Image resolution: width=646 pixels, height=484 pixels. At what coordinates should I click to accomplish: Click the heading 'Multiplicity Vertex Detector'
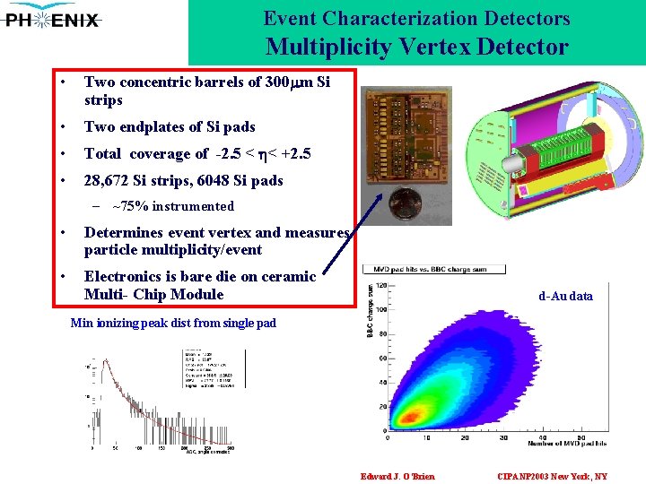pyautogui.click(x=416, y=47)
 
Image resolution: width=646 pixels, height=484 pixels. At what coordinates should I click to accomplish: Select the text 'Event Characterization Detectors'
pyautogui.click(x=416, y=18)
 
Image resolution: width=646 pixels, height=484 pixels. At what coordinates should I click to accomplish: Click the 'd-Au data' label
pyautogui.click(x=565, y=296)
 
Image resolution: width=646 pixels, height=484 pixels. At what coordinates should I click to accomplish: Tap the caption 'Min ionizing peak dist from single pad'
pyautogui.click(x=173, y=323)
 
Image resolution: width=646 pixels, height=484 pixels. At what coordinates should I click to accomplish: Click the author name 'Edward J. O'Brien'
pyautogui.click(x=397, y=476)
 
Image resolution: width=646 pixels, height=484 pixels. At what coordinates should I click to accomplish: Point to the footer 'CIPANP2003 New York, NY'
pyautogui.click(x=552, y=476)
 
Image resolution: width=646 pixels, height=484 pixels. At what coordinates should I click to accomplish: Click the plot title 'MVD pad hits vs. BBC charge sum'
pyautogui.click(x=433, y=269)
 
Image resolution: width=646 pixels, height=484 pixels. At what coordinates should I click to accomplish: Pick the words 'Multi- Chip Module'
pyautogui.click(x=153, y=294)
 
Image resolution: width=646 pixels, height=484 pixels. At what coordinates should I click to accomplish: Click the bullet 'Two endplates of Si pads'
pyautogui.click(x=170, y=127)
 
